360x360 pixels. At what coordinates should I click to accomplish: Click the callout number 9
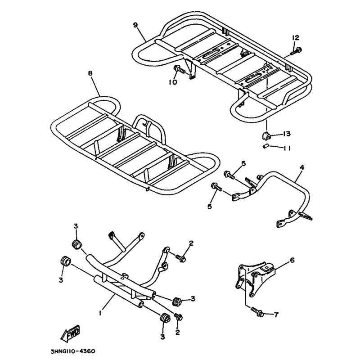tap(135, 25)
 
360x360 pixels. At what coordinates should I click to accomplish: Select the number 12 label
tap(295, 37)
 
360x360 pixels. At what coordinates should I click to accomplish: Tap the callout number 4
tap(301, 167)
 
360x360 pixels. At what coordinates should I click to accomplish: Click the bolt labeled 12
tap(295, 51)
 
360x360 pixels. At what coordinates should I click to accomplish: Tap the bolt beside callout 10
tap(178, 70)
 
